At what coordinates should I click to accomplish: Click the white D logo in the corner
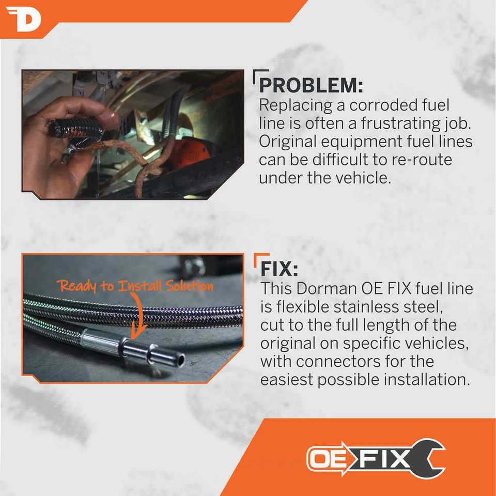click(x=23, y=19)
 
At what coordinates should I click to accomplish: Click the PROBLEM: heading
click(x=311, y=85)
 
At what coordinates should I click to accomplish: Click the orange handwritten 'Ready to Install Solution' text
click(x=135, y=286)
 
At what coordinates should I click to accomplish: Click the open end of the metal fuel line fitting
click(x=179, y=358)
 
